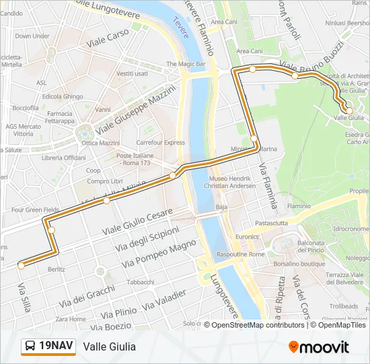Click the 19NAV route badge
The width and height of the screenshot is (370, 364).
(47, 346)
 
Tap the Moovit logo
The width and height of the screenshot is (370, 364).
(319, 347)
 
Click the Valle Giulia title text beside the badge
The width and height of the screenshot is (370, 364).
(110, 346)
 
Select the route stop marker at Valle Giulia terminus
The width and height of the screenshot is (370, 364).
(348, 110)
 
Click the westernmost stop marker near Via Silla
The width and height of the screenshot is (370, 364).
(22, 266)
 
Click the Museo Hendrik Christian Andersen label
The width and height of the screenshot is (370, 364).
(229, 181)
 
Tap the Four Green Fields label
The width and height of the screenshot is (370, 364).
(35, 210)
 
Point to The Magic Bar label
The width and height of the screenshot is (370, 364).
(186, 64)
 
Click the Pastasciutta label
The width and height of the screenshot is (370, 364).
(271, 222)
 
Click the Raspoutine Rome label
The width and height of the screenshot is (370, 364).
(240, 254)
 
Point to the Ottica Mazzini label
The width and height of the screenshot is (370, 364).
(100, 143)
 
